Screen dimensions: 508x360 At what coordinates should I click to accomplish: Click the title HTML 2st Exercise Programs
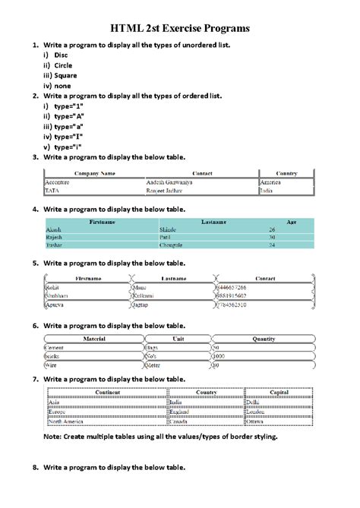(180, 28)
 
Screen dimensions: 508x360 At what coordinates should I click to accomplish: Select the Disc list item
(61, 55)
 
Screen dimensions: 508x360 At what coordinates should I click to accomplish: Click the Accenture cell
(58, 183)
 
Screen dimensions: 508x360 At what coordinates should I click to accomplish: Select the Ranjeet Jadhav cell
(169, 191)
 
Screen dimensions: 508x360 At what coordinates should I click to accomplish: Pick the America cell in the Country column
(270, 183)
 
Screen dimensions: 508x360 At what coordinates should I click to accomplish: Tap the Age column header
(292, 222)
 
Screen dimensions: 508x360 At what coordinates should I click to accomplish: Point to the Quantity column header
(264, 339)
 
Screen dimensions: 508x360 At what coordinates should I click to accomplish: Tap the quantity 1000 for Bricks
(219, 355)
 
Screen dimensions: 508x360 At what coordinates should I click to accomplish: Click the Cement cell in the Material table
(56, 347)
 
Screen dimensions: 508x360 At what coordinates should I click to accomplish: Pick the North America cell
(67, 420)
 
